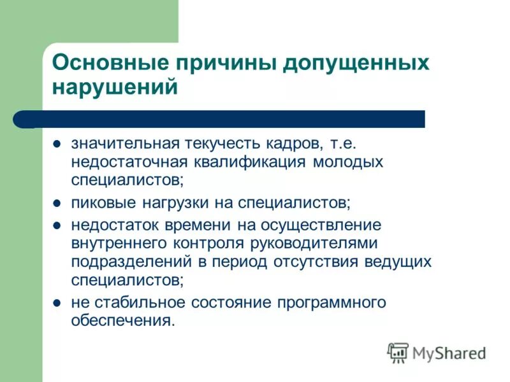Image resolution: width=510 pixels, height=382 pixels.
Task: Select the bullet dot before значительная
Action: pyautogui.click(x=57, y=144)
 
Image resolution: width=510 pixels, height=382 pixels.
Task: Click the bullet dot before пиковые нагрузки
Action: pyautogui.click(x=57, y=204)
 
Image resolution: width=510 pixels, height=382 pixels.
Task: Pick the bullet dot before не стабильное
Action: pyautogui.click(x=57, y=302)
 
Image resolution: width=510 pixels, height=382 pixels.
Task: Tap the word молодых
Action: pyautogui.click(x=348, y=162)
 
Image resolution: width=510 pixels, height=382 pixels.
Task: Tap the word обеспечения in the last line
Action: pyautogui.click(x=122, y=321)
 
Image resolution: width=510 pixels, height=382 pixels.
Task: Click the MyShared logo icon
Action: pyautogui.click(x=398, y=352)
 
